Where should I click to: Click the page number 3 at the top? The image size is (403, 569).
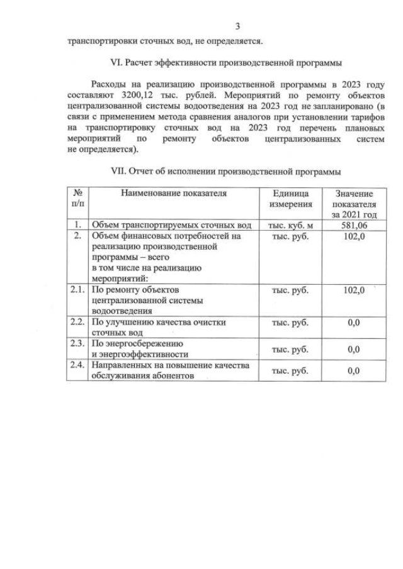click(237, 26)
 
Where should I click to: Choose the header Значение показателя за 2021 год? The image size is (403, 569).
click(353, 204)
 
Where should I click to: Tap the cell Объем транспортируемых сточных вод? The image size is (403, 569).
click(171, 225)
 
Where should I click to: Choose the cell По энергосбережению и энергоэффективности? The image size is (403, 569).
click(140, 349)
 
